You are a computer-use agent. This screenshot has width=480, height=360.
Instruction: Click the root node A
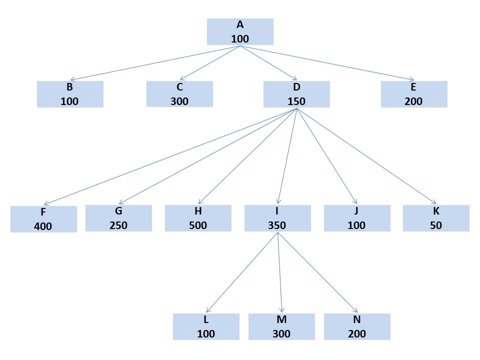tap(240, 31)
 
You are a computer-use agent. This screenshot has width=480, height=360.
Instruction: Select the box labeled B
tap(70, 94)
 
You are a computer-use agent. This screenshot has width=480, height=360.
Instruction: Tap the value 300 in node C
tap(179, 101)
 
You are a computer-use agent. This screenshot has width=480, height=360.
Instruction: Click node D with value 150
tap(296, 94)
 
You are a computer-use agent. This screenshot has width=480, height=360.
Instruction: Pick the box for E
tap(414, 94)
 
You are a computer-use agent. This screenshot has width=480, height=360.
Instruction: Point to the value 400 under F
tap(43, 226)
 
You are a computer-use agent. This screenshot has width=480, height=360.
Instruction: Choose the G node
tap(118, 218)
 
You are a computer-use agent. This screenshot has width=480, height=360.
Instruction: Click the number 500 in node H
tap(198, 225)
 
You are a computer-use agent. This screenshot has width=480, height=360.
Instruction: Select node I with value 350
tap(277, 218)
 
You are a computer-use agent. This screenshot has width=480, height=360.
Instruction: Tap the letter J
tap(357, 211)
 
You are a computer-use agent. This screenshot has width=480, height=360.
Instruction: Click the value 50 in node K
tap(436, 225)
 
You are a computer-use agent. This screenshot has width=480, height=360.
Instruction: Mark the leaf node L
tap(206, 326)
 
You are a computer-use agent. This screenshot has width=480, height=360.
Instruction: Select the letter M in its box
tap(281, 319)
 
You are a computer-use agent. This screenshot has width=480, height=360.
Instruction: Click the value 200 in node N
tap(357, 333)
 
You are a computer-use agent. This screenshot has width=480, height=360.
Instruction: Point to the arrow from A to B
tap(155, 63)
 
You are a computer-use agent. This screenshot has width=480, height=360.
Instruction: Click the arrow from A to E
tap(327, 63)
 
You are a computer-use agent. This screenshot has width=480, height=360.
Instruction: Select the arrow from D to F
tap(170, 156)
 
